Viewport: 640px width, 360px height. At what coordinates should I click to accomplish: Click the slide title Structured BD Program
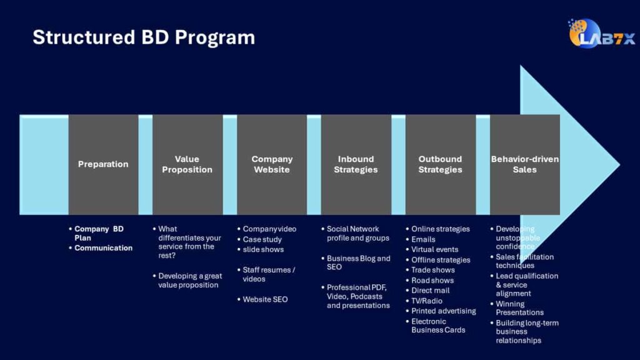(x=144, y=37)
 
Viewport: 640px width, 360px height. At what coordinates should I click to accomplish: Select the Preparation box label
(x=103, y=164)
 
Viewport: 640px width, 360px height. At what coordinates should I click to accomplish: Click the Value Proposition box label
(x=187, y=164)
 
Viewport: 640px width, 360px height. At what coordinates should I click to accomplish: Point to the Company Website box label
(x=272, y=164)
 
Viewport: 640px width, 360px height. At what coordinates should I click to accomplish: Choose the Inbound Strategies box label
(x=356, y=164)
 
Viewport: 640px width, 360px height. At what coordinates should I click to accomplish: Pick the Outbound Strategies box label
(x=440, y=164)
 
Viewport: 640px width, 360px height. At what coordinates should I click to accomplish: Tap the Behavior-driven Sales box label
(x=525, y=164)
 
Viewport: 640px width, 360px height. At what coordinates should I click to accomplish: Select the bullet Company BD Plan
(x=99, y=233)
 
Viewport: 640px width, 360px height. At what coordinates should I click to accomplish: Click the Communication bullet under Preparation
(x=103, y=248)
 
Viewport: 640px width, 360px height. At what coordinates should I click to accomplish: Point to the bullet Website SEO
(x=265, y=299)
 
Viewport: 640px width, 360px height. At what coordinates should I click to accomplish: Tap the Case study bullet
(x=262, y=239)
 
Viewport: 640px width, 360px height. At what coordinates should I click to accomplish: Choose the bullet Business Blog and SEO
(x=358, y=262)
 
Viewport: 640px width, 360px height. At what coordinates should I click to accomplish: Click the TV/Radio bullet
(x=426, y=301)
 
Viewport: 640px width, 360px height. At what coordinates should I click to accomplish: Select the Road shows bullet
(x=432, y=281)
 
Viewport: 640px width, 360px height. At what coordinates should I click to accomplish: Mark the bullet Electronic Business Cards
(x=437, y=326)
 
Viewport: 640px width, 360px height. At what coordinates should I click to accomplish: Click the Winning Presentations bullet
(x=519, y=308)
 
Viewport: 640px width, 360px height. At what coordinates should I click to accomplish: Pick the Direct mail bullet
(x=430, y=291)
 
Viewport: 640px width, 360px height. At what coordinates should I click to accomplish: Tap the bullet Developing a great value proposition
(x=189, y=281)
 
